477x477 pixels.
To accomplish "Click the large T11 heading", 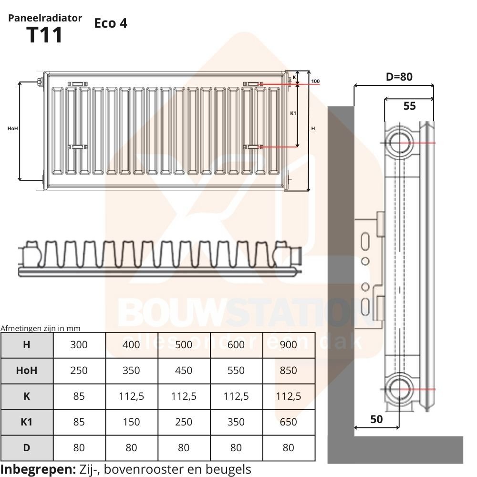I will (45, 36).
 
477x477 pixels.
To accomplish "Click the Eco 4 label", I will (111, 23).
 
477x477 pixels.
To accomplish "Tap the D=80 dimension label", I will (399, 76).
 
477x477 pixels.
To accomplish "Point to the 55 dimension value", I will (410, 106).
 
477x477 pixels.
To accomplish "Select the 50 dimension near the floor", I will (376, 419).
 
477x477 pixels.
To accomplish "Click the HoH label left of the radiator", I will (13, 128).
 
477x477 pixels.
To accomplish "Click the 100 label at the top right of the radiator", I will (315, 82).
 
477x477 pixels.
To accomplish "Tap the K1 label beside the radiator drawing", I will (293, 113).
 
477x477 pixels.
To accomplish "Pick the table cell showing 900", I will (288, 344).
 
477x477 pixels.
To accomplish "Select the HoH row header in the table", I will (27, 370).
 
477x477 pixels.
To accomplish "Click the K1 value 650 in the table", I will (288, 422).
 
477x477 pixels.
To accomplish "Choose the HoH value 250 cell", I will (79, 370).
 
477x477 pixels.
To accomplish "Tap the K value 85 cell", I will (79, 396).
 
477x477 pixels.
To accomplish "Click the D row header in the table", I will (27, 447).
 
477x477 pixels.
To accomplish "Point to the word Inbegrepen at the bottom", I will (38, 468).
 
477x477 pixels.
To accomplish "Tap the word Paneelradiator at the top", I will (45, 18).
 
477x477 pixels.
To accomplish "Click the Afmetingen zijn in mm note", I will (40, 328).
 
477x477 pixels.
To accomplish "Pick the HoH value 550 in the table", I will (236, 370).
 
